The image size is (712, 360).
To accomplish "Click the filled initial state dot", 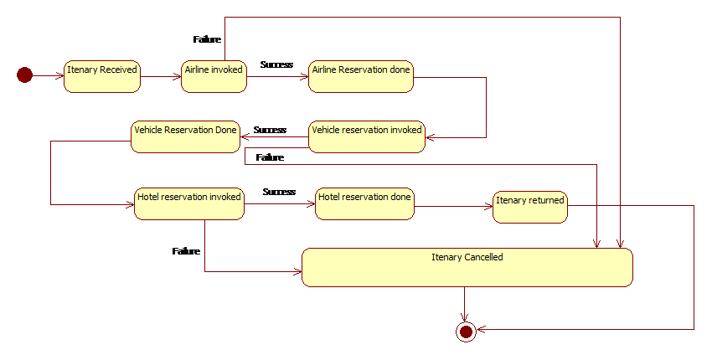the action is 24,75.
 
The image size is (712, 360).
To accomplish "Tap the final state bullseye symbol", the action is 466,332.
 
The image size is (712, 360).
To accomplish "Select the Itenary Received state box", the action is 102,77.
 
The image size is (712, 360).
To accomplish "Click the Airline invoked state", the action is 214,77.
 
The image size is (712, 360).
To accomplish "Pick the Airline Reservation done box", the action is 361,77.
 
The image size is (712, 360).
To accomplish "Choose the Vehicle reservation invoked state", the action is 367,136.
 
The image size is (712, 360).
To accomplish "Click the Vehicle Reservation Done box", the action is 185,136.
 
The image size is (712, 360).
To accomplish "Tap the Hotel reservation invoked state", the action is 189,203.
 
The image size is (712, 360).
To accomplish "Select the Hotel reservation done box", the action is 364,203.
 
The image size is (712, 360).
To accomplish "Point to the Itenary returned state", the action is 530,207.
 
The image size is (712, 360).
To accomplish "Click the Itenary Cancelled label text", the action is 467,257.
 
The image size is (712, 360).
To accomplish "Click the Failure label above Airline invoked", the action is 207,39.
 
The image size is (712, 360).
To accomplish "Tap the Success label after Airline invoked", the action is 276,64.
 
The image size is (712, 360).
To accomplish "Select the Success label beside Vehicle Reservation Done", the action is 270,130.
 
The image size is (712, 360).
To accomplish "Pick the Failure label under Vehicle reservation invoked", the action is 270,157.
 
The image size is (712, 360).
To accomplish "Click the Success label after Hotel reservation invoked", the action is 279,192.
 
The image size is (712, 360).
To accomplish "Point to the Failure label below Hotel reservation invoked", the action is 186,251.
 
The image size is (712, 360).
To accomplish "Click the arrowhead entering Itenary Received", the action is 59,75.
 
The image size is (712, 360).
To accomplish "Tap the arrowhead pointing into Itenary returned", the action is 488,207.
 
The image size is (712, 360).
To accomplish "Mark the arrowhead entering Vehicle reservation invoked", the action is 430,137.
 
